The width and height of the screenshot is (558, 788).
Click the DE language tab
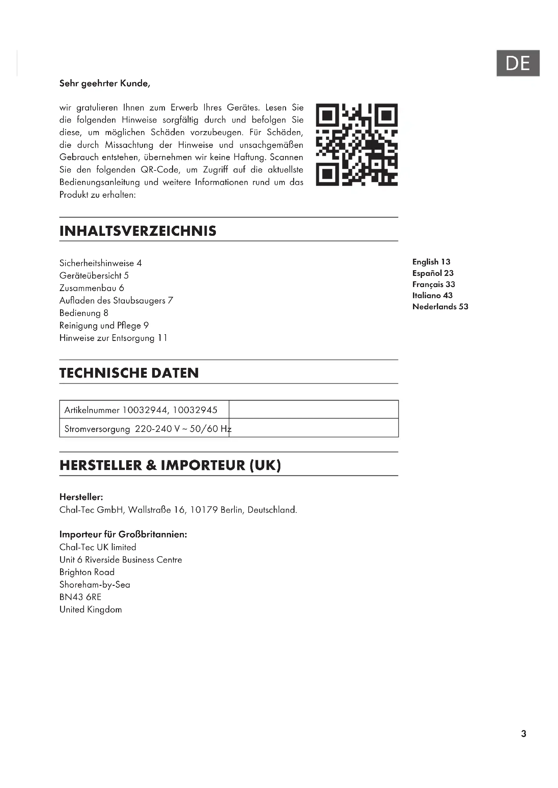[x=518, y=63]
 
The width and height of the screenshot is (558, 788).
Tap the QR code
[x=357, y=145]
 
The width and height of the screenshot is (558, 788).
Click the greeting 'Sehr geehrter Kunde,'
[x=105, y=84]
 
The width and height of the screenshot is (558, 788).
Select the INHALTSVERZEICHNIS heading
[x=138, y=231]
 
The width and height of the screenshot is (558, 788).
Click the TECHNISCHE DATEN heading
[x=129, y=373]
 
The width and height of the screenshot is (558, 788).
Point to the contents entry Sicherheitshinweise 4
[x=100, y=263]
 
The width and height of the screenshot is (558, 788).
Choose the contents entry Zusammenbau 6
[x=92, y=288]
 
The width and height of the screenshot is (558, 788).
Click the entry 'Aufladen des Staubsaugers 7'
[x=116, y=301]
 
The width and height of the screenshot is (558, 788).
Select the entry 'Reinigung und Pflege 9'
[x=104, y=325]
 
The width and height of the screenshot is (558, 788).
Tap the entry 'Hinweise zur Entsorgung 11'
[x=113, y=338]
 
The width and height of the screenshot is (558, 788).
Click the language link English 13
[x=431, y=262]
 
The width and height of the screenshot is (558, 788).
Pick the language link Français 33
[x=434, y=284]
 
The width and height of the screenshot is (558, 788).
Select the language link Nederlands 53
[x=440, y=307]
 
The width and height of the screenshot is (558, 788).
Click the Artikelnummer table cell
[x=141, y=410]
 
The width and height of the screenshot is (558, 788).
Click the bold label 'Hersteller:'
[x=81, y=497]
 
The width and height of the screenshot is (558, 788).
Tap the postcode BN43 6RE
[x=80, y=597]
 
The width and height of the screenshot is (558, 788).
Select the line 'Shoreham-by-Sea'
[x=95, y=585]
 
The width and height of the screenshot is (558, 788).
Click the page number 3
[x=524, y=734]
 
